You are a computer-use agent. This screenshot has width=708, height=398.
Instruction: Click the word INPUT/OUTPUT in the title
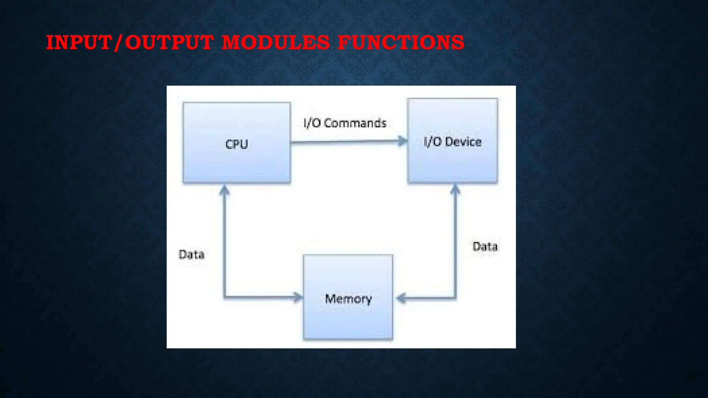click(x=129, y=42)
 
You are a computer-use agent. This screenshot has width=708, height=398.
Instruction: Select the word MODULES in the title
click(x=276, y=42)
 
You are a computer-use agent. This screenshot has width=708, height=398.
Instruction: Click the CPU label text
click(x=236, y=144)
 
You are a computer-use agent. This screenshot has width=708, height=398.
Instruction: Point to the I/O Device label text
click(x=452, y=142)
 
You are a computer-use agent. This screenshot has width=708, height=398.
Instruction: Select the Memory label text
click(x=348, y=299)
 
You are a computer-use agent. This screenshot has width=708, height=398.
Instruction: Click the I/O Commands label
click(x=345, y=123)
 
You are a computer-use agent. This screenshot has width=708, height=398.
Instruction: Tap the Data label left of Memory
click(x=192, y=255)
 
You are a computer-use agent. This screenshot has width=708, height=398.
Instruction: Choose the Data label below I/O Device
click(x=485, y=247)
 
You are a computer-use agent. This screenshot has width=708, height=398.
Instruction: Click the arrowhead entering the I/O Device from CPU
click(x=403, y=141)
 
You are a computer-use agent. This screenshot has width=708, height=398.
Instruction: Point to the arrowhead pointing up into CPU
click(x=225, y=190)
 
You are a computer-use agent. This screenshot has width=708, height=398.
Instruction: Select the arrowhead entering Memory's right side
click(x=401, y=298)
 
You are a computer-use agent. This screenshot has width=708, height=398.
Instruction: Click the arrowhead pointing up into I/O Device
click(x=455, y=189)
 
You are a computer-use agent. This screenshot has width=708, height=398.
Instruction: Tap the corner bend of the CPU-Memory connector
click(x=225, y=297)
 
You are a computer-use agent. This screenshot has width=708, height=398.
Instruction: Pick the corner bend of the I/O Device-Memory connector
click(x=455, y=297)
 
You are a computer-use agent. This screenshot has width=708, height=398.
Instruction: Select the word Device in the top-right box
click(x=463, y=142)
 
